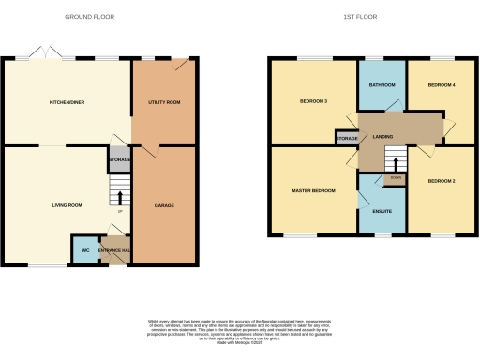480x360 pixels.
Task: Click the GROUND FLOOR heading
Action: [91, 17]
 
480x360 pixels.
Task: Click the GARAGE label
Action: [164, 205]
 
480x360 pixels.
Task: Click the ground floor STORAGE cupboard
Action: [119, 160]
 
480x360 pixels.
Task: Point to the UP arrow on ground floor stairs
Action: [119, 197]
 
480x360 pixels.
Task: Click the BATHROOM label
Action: [382, 85]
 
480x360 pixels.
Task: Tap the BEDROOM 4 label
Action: [442, 85]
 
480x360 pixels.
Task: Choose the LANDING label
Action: [382, 137]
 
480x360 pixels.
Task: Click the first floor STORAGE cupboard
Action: [348, 139]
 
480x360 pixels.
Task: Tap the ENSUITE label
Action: [382, 211]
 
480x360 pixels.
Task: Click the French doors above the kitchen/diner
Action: [41, 52]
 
